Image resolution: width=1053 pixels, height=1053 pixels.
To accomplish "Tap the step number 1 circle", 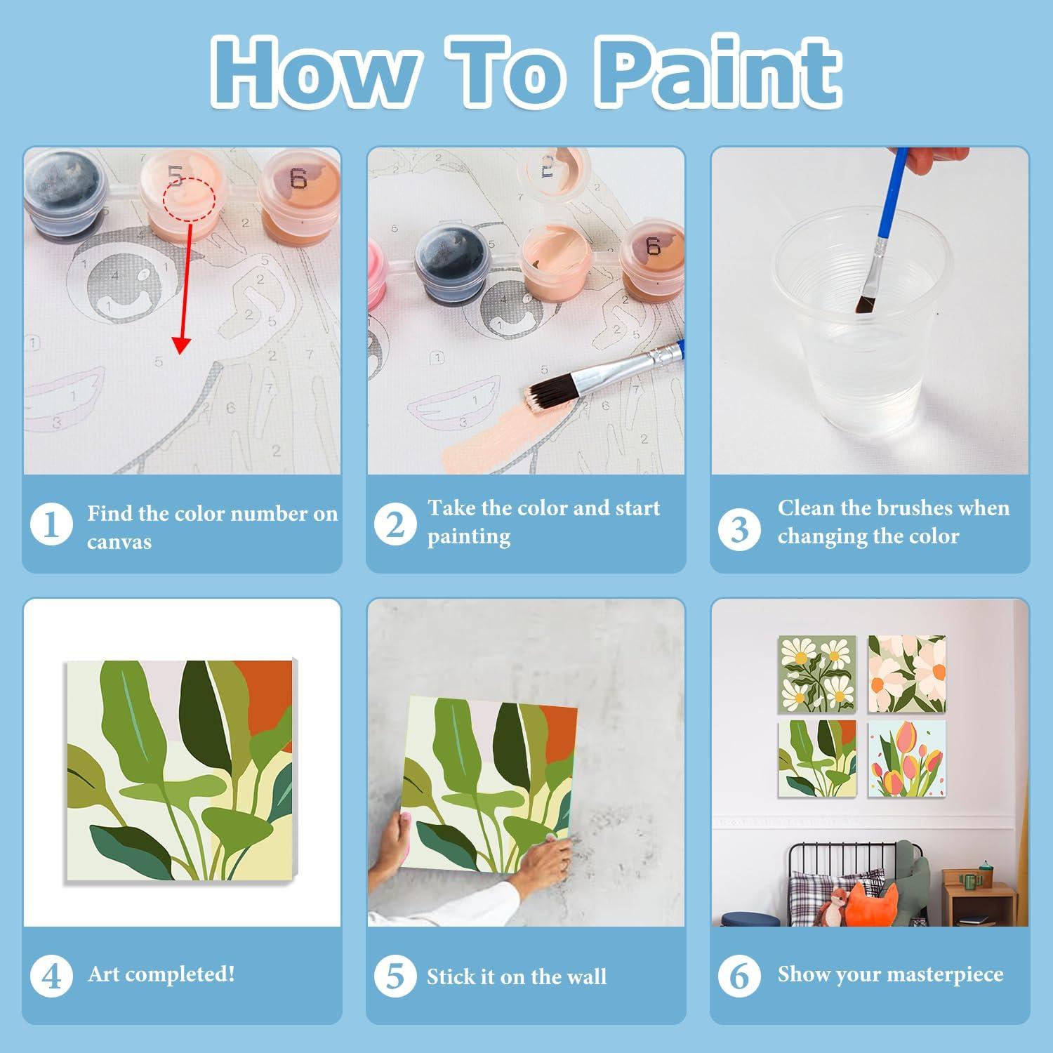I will click(x=51, y=524).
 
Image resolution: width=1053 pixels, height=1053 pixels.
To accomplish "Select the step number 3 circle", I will click(x=739, y=530).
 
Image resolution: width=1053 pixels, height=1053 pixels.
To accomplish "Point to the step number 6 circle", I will click(x=739, y=976).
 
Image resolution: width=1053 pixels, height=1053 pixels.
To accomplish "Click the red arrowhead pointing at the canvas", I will click(x=181, y=345).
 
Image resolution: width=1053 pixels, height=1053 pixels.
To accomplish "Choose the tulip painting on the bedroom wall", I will click(x=906, y=758).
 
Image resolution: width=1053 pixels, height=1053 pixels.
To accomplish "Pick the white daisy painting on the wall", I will click(x=817, y=674).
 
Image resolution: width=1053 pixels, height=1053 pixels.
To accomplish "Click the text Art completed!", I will click(x=161, y=974).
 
